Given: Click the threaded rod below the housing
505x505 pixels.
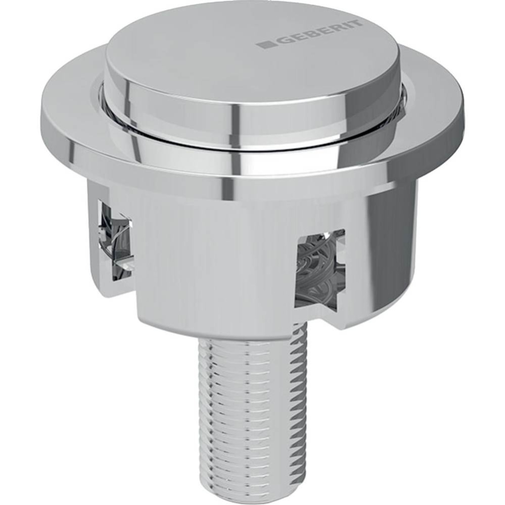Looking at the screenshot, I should [x=250, y=404].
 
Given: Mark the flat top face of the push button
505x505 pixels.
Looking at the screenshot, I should [x=243, y=56].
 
